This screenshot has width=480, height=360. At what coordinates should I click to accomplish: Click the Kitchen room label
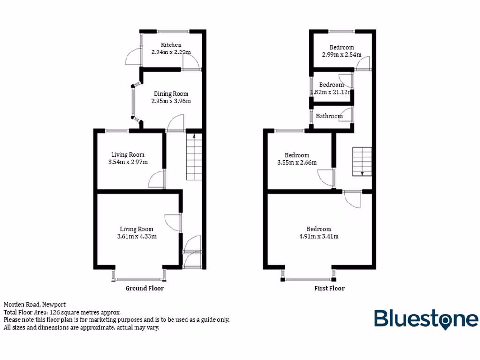[x=171, y=45]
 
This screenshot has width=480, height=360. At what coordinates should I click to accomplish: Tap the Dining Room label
[x=171, y=94]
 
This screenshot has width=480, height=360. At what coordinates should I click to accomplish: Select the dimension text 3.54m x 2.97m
[x=127, y=162]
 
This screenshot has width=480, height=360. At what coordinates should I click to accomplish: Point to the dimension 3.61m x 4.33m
[x=136, y=236]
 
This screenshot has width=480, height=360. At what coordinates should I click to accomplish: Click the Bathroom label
[x=329, y=116]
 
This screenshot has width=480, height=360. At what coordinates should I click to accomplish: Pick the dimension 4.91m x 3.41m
[x=319, y=236]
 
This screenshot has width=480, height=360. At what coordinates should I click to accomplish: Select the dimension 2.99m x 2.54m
[x=341, y=54]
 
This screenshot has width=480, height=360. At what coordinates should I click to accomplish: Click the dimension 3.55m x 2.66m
[x=297, y=163]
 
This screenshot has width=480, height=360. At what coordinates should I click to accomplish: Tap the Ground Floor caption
[x=144, y=288]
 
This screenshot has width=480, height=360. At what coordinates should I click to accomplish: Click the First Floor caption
[x=329, y=288]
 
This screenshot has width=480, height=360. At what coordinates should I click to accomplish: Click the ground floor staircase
[x=195, y=157]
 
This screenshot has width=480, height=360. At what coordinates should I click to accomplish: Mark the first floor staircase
[x=362, y=161]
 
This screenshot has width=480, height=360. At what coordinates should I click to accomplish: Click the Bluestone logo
[x=426, y=319]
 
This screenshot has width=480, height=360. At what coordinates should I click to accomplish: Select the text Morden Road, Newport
[x=35, y=304]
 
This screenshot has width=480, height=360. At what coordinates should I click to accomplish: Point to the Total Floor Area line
[x=62, y=312]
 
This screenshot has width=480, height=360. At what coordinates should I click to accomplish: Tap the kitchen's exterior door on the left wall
[x=133, y=57]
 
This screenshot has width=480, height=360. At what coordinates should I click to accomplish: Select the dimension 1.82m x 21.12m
[x=330, y=92]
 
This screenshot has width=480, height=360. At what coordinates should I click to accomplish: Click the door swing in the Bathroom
[x=347, y=114]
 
